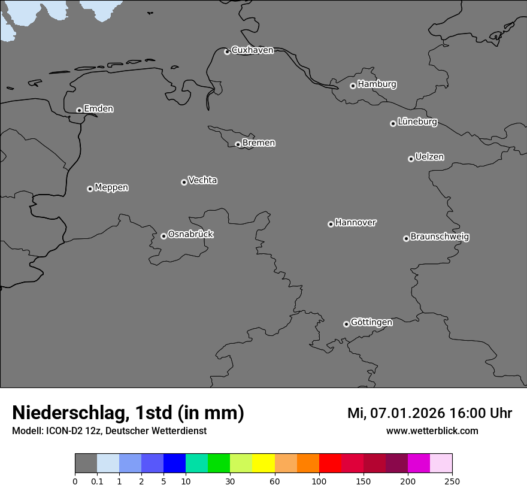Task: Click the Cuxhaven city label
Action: [x=252, y=50]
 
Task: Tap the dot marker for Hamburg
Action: [x=353, y=86]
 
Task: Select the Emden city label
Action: [x=98, y=109]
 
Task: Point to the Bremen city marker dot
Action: [x=238, y=144]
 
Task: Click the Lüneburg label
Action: [x=417, y=122]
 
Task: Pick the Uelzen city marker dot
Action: [x=411, y=159]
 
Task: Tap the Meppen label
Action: [x=111, y=187]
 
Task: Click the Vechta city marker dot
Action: [x=184, y=182]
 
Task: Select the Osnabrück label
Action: [x=190, y=235]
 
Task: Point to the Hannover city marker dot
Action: [x=331, y=224]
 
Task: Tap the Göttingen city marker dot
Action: [x=346, y=324]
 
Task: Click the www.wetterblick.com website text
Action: [x=432, y=431]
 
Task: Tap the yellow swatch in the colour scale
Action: [x=263, y=463]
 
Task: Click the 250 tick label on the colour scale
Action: [x=452, y=481]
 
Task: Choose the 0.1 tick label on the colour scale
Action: [x=97, y=481]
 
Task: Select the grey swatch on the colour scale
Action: [x=86, y=463]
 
